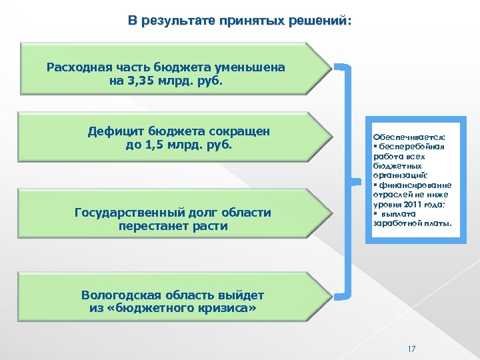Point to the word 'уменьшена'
[x=252, y=67]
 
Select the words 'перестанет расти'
[x=173, y=227]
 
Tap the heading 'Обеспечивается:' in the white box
[x=404, y=135]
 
